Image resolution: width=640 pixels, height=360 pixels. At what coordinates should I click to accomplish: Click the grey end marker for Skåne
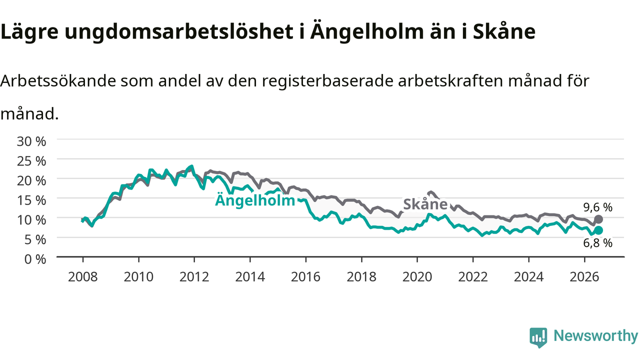pyautogui.click(x=598, y=219)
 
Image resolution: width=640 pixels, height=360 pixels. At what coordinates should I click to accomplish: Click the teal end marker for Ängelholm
pyautogui.click(x=598, y=230)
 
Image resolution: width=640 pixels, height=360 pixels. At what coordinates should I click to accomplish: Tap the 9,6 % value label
pyautogui.click(x=597, y=207)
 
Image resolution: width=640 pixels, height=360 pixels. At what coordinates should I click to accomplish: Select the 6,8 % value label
pyautogui.click(x=597, y=243)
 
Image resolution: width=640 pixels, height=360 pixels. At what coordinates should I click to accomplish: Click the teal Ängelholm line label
pyautogui.click(x=255, y=200)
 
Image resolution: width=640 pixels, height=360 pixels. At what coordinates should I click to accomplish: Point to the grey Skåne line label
pyautogui.click(x=425, y=204)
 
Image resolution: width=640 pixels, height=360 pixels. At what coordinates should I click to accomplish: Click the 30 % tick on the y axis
pyautogui.click(x=31, y=141)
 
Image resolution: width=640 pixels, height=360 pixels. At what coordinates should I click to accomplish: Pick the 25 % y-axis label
pyautogui.click(x=31, y=161)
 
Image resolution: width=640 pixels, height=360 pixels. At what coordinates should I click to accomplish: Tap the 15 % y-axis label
pyautogui.click(x=31, y=200)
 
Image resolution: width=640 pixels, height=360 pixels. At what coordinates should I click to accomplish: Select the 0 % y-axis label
pyautogui.click(x=35, y=259)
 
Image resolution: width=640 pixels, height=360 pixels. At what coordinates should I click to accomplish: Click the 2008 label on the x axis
pyautogui.click(x=83, y=277)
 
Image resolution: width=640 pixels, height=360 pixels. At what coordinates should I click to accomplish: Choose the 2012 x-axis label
pyautogui.click(x=194, y=277)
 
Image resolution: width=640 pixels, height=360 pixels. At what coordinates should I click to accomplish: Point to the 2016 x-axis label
pyautogui.click(x=305, y=277)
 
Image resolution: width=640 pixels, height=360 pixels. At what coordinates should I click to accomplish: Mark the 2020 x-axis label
pyautogui.click(x=417, y=277)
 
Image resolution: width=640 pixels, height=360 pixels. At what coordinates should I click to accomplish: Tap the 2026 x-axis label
pyautogui.click(x=584, y=277)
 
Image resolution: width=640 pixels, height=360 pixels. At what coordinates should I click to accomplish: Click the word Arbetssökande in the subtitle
pyautogui.click(x=58, y=81)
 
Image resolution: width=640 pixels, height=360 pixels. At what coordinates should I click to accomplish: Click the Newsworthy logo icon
pyautogui.click(x=538, y=337)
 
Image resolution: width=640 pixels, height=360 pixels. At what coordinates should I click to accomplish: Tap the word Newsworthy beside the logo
pyautogui.click(x=595, y=335)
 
